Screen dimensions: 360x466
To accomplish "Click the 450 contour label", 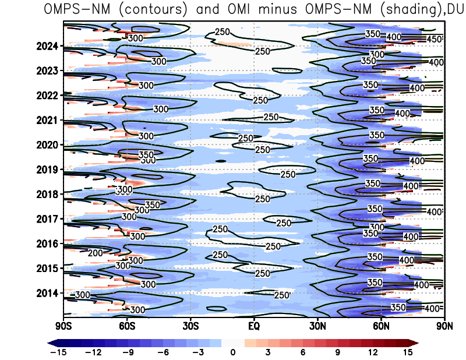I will tap(435, 39).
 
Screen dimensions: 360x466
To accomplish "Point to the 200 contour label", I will tap(95, 253).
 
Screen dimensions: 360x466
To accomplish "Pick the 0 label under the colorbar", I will tap(233, 352).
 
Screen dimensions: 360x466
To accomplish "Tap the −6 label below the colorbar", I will tap(163, 352).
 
